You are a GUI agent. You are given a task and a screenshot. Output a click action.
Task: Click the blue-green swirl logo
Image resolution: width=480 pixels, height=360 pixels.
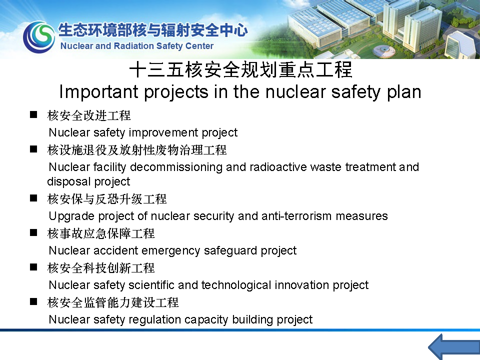[x=39, y=36]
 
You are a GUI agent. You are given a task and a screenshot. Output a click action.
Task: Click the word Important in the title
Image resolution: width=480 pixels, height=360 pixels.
[x=99, y=92]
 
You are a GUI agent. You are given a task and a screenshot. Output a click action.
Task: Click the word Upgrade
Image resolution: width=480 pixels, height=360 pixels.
[x=71, y=216]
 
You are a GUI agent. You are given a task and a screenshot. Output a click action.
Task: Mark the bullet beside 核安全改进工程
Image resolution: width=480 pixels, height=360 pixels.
[x=33, y=115]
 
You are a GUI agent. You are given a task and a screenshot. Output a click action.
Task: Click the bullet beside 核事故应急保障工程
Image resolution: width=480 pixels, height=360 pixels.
[x=33, y=232]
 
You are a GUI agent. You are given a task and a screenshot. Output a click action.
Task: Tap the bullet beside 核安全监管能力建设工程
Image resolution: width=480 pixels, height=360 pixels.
[x=33, y=302]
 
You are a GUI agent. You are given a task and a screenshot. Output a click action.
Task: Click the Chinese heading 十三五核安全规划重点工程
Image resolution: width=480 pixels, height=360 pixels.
[x=240, y=69]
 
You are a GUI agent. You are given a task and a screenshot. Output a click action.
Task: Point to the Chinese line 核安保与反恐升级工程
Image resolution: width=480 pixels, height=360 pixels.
[x=107, y=199]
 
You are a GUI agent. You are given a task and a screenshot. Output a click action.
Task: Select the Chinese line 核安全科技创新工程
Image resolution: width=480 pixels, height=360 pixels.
[x=101, y=268]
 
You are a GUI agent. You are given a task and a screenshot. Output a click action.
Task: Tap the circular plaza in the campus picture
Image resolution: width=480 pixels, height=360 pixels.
[x=384, y=51]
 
